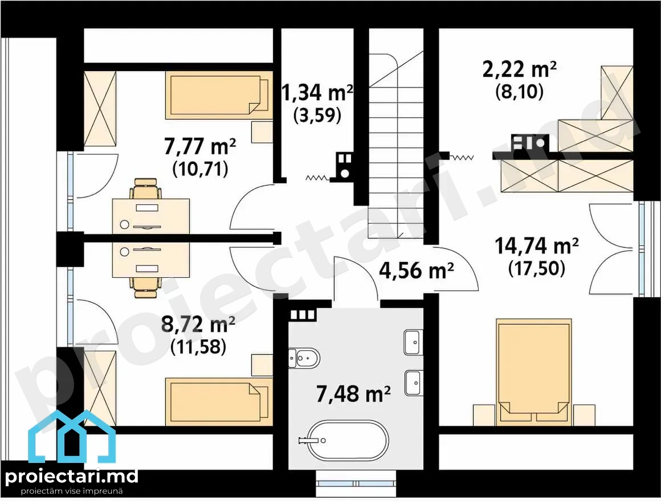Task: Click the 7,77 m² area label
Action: (199, 147)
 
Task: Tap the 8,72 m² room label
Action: (198, 325)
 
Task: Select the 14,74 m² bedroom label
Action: (536, 246)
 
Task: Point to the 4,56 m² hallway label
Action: (417, 270)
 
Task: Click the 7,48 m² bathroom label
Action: (353, 395)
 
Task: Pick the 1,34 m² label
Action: (317, 93)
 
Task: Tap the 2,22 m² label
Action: (519, 69)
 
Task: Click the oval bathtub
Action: (348, 441)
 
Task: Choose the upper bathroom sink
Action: (413, 342)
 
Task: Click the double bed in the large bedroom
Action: (534, 370)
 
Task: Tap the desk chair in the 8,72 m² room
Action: (146, 288)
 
